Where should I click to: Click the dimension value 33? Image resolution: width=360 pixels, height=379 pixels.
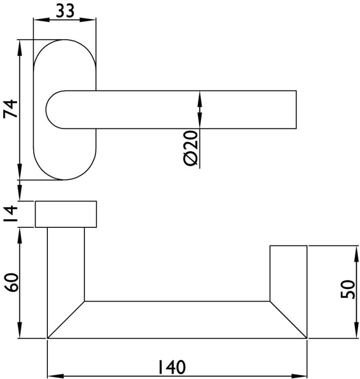(65, 11)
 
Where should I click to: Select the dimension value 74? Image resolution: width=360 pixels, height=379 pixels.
(11, 109)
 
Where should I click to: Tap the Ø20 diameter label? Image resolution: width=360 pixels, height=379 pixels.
(191, 148)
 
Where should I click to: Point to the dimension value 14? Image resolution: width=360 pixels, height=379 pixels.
(11, 214)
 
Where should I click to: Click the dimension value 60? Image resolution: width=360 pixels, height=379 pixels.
(11, 282)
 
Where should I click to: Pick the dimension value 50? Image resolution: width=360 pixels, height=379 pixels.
(347, 289)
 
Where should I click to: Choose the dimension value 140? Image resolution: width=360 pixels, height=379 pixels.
(171, 367)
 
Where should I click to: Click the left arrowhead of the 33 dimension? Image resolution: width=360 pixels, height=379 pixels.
(41, 19)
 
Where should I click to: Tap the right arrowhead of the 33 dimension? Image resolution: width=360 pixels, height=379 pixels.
(88, 19)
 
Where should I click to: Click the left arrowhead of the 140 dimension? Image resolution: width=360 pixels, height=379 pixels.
(56, 376)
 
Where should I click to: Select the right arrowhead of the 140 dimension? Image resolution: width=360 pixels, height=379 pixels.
(298, 376)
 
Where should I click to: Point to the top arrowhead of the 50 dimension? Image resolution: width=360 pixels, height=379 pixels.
(357, 254)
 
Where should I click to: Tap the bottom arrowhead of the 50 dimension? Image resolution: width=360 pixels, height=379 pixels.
(357, 330)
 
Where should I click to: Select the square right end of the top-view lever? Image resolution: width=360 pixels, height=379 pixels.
(296, 109)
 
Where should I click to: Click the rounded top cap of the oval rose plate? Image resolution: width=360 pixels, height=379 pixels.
(65, 40)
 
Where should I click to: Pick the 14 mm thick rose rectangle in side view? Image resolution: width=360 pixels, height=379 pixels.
(66, 214)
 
